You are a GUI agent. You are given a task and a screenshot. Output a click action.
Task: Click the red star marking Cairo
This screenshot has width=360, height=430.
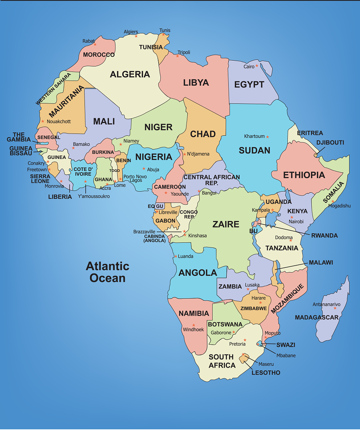click(x=257, y=66)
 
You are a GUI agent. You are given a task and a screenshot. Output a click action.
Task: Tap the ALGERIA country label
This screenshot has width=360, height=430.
click(x=130, y=74)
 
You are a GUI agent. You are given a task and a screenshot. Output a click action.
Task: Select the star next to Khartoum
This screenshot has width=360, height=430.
click(x=267, y=137)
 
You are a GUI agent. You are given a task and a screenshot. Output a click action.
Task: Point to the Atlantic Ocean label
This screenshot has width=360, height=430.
click(x=107, y=272)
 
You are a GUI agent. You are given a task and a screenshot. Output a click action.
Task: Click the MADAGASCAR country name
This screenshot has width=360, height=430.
click(x=316, y=318)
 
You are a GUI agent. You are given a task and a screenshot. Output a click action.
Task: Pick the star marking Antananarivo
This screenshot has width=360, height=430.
click(x=335, y=308)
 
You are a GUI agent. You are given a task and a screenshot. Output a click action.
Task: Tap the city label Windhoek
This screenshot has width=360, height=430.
click(x=193, y=330)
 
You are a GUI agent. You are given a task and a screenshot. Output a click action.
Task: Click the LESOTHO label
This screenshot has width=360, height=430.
click(x=266, y=373)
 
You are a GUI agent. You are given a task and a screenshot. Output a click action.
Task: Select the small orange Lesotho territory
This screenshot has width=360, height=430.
click(x=244, y=358)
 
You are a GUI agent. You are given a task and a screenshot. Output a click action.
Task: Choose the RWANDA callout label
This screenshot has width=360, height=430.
click(x=324, y=236)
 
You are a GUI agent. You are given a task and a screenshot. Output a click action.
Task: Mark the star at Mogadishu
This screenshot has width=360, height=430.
click(x=332, y=201)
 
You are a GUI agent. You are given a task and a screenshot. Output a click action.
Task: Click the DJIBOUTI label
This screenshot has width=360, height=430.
click(x=330, y=143)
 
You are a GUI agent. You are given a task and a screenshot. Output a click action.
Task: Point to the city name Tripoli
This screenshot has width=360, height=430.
click(x=184, y=52)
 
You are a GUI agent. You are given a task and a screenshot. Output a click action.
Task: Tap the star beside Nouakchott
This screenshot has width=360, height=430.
click(x=43, y=121)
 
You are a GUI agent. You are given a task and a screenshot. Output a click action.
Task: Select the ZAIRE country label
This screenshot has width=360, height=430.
click(x=226, y=224)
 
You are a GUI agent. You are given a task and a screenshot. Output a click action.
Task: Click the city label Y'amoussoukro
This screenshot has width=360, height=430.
click(x=94, y=196)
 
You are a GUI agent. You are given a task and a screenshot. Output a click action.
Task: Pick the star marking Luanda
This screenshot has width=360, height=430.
click(x=176, y=256)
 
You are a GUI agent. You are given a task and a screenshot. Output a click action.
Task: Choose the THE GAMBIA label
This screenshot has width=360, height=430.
click(x=19, y=137)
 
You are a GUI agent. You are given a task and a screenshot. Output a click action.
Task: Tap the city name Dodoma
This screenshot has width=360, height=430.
click(x=284, y=238)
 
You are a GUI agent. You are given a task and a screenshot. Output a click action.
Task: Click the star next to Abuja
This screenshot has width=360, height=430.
click(x=144, y=169)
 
